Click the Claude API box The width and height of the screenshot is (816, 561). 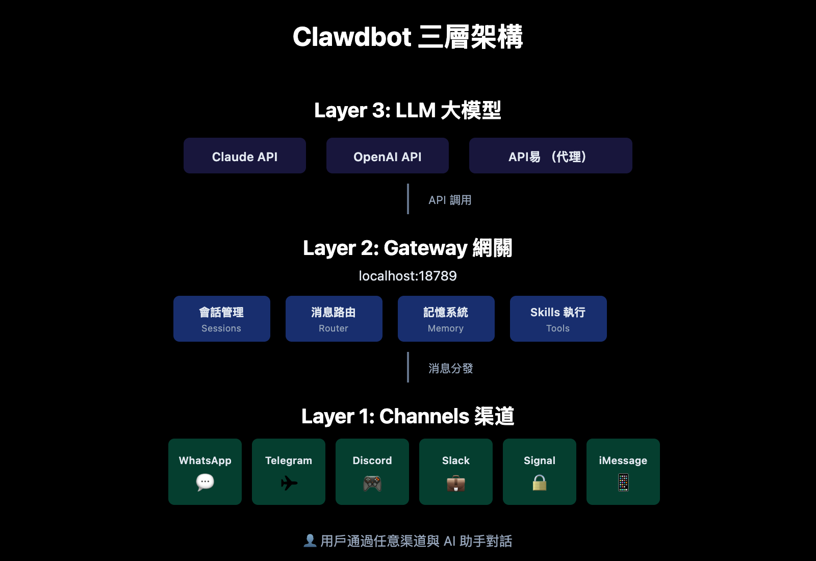pyautogui.click(x=245, y=156)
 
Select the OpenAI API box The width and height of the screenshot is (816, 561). pyautogui.click(x=388, y=156)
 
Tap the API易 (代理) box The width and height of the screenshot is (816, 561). pyautogui.click(x=551, y=156)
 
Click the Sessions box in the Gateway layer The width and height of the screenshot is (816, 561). pyautogui.click(x=222, y=319)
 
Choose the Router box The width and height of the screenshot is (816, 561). pyautogui.click(x=334, y=319)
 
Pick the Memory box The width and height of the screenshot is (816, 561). pyautogui.click(x=446, y=319)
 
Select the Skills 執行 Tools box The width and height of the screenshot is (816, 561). pyautogui.click(x=558, y=319)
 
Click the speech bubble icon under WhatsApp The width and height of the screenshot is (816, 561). pyautogui.click(x=205, y=482)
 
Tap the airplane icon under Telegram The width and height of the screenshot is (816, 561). pyautogui.click(x=289, y=482)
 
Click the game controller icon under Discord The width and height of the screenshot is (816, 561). pyautogui.click(x=372, y=483)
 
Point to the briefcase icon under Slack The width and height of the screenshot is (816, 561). pyautogui.click(x=456, y=483)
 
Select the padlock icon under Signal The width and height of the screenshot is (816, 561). pyautogui.click(x=540, y=482)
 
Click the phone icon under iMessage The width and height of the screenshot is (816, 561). pyautogui.click(x=623, y=482)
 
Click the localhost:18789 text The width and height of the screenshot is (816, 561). pyautogui.click(x=408, y=276)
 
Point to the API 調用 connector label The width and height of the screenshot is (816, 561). pyautogui.click(x=450, y=200)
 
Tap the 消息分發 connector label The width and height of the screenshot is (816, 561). pyautogui.click(x=451, y=368)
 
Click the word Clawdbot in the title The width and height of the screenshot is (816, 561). pyautogui.click(x=352, y=37)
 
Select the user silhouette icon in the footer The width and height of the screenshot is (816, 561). pyautogui.click(x=310, y=541)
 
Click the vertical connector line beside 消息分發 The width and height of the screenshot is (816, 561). pyautogui.click(x=408, y=367)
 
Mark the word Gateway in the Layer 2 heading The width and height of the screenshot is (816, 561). pyautogui.click(x=425, y=248)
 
